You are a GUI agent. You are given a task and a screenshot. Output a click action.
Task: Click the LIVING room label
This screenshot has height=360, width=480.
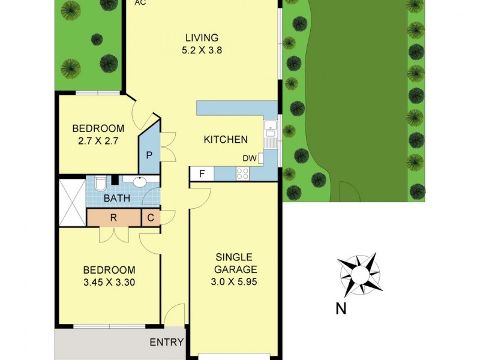[202, 38]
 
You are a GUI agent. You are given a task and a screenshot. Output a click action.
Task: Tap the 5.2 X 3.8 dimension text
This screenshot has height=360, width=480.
[202, 51]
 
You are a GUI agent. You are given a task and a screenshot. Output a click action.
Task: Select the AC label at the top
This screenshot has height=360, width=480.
[140, 3]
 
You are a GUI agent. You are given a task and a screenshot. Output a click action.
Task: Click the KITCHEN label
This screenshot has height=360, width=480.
[226, 140]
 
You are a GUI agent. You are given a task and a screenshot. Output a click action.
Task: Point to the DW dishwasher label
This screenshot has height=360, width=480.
[250, 158]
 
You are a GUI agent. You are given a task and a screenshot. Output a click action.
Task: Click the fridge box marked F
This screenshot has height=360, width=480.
[202, 174]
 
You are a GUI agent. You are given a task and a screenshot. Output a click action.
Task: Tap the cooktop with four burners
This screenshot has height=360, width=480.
[243, 174]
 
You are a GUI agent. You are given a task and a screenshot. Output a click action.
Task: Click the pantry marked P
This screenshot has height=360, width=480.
[149, 155]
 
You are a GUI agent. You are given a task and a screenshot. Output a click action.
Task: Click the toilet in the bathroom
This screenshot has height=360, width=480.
[101, 182]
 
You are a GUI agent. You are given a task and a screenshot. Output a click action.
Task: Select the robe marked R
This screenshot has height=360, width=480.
[113, 217]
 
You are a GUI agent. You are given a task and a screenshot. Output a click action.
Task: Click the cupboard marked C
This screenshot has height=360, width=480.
[151, 217]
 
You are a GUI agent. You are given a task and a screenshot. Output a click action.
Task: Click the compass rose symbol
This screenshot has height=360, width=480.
[359, 274]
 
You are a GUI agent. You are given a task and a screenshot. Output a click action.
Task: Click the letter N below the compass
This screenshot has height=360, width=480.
[340, 310]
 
